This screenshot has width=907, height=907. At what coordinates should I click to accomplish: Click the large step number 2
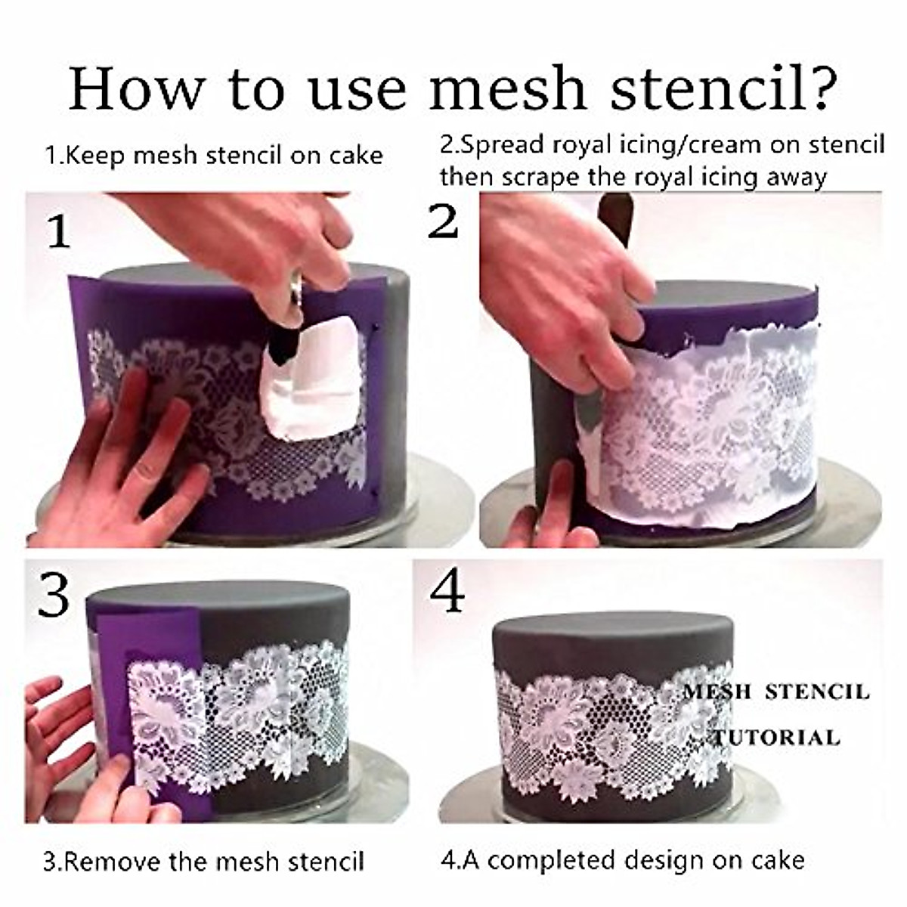pyautogui.click(x=443, y=221)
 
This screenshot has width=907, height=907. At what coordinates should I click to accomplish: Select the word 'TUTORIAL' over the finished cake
pyautogui.click(x=777, y=737)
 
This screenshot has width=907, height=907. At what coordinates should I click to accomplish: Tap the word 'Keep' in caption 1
pyautogui.click(x=100, y=156)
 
